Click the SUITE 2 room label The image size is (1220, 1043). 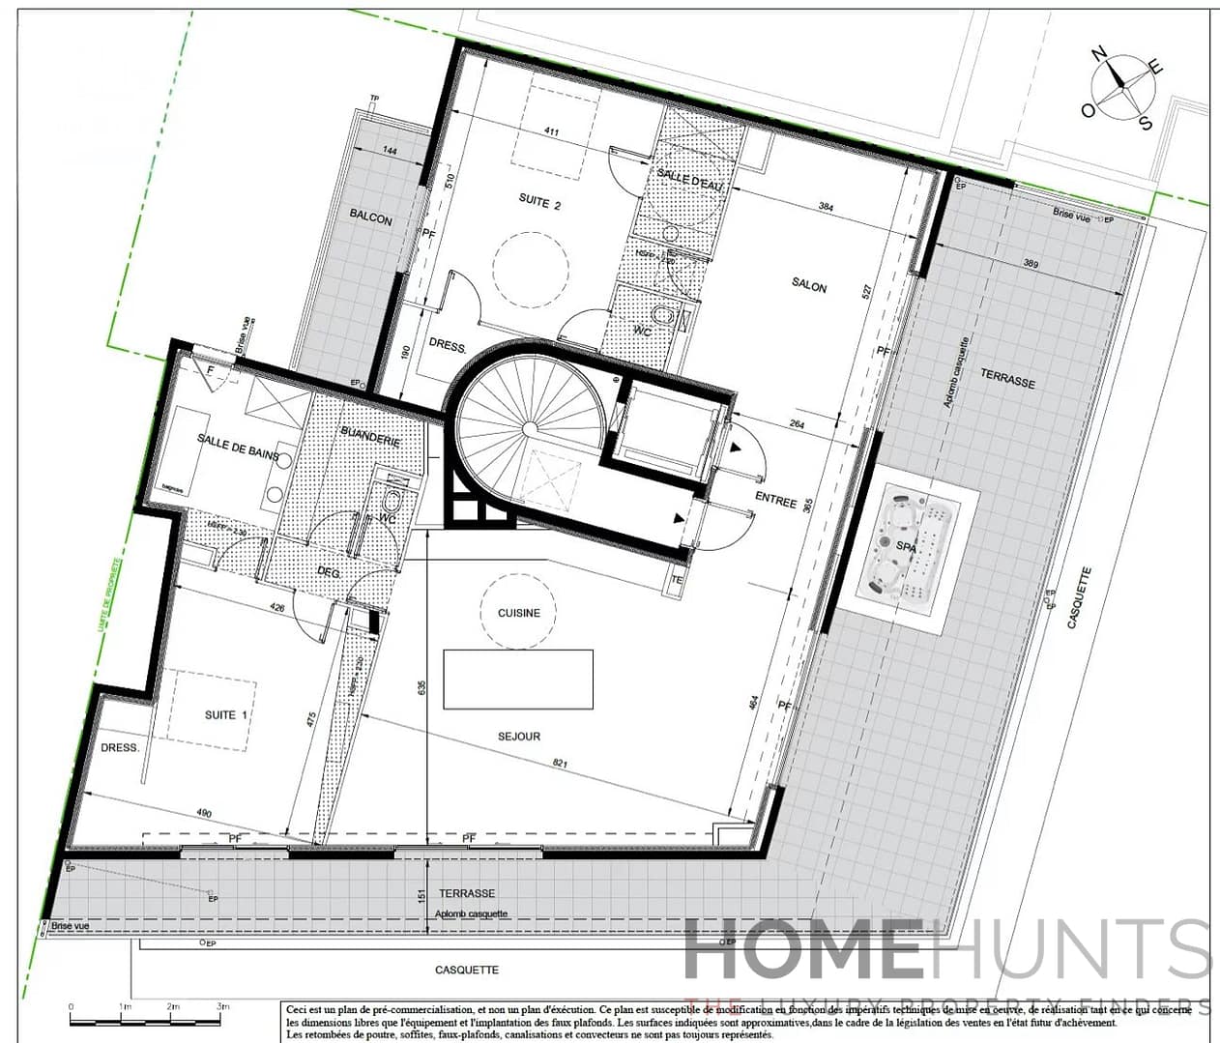(x=539, y=201)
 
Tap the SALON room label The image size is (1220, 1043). (x=809, y=285)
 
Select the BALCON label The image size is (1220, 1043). (x=371, y=217)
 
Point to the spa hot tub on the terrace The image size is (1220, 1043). (x=908, y=547)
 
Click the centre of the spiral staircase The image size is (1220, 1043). (x=530, y=426)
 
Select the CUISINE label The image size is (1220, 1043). (x=518, y=613)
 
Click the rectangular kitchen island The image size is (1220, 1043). (x=518, y=680)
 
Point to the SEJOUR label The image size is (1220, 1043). (x=519, y=737)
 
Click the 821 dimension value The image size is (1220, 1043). (x=561, y=763)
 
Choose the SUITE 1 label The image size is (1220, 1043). (x=226, y=715)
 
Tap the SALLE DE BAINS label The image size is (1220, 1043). (x=238, y=446)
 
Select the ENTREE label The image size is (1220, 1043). (x=776, y=500)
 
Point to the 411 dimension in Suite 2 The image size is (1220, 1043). (x=552, y=131)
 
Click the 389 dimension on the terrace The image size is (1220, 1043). (x=1031, y=264)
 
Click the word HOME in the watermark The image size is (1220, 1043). (x=802, y=949)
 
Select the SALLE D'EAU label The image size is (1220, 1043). (x=690, y=179)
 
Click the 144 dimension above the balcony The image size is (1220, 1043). (x=390, y=151)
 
